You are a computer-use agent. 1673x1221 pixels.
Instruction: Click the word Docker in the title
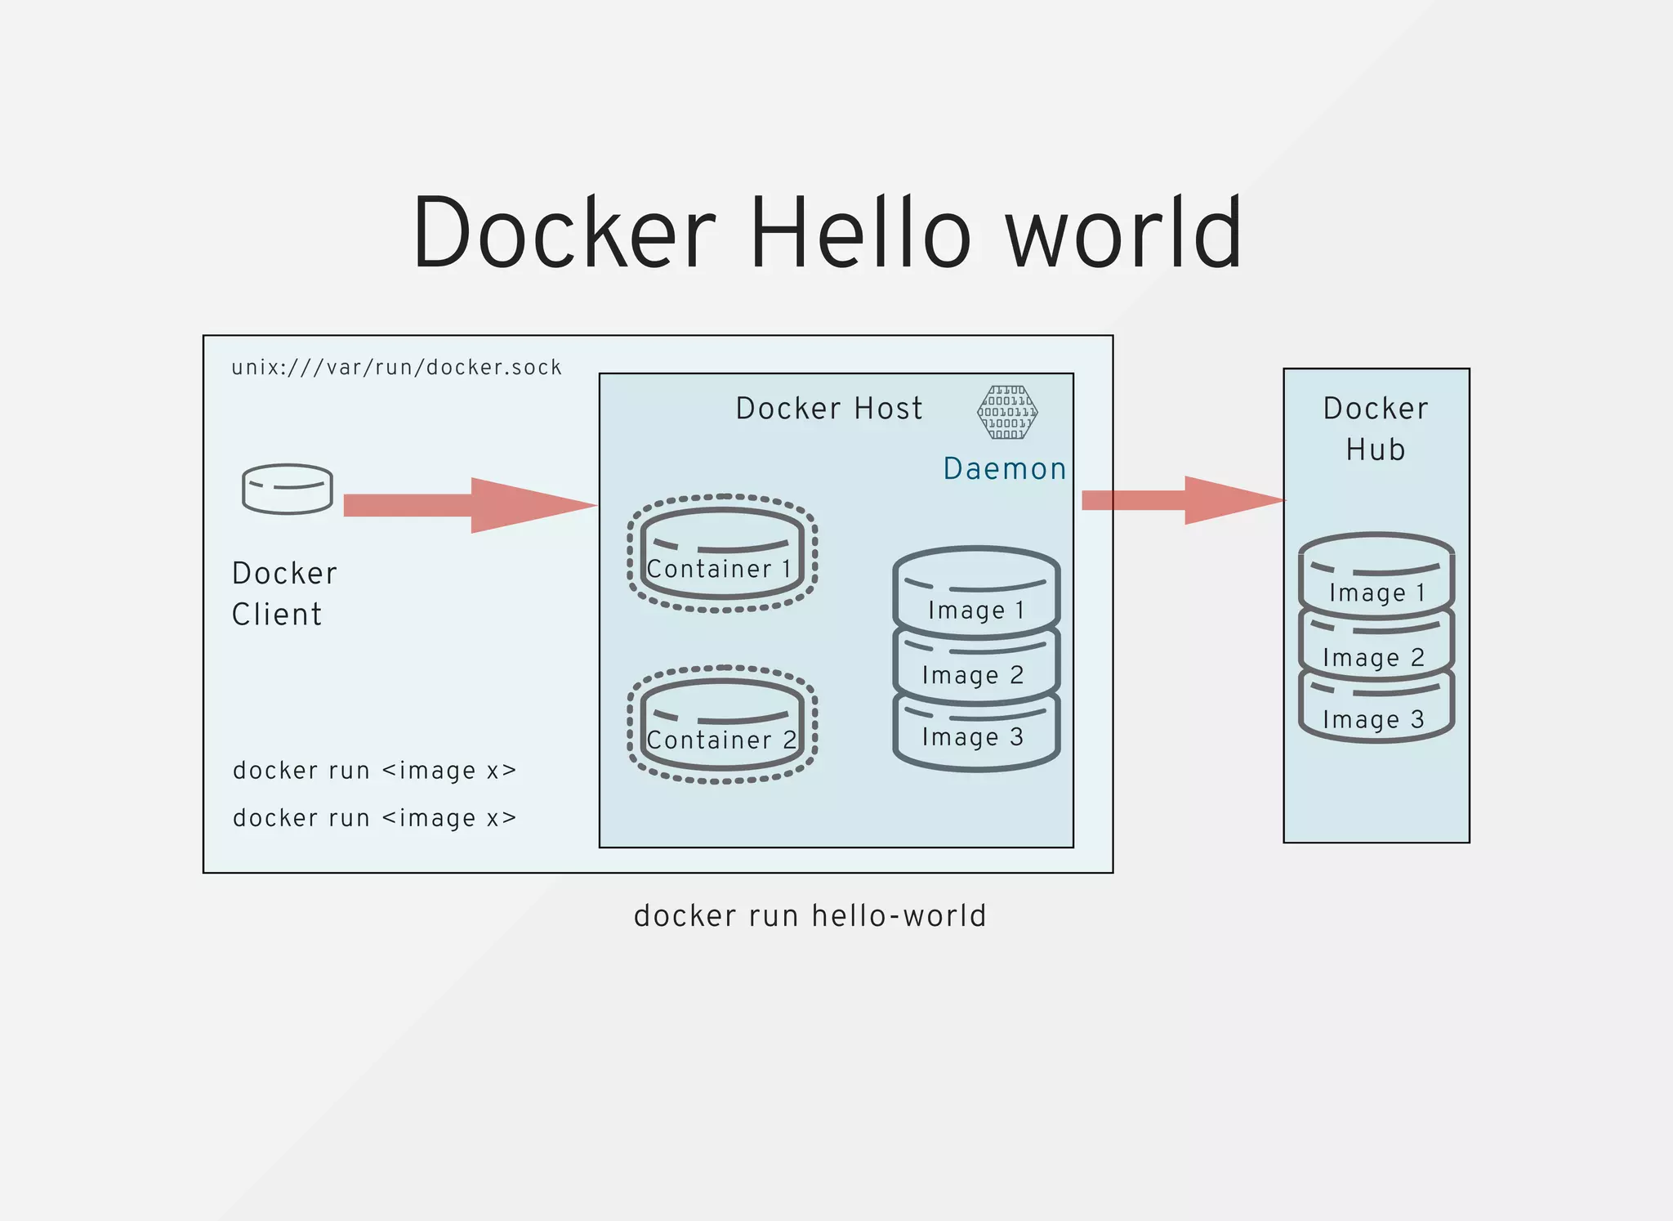564,232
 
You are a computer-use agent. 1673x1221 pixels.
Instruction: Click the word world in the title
1123,232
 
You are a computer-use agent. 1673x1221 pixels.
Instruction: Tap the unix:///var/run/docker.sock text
397,368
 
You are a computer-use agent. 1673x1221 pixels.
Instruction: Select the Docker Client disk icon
288,489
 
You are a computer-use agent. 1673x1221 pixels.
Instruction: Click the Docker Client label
283,593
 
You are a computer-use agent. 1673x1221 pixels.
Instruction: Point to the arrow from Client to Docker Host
470,505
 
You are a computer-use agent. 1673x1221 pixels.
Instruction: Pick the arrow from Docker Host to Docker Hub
1183,499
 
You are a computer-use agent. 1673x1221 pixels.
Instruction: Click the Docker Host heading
828,408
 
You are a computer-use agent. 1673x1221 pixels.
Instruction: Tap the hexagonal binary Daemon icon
1007,412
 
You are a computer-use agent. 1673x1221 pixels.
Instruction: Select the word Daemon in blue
1004,468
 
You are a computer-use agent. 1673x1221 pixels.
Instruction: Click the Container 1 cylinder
722,553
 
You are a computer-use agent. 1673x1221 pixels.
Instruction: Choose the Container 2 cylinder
722,725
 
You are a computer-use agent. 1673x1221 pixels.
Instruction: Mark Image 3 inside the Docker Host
976,736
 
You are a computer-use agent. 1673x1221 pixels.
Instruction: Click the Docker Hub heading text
1376,428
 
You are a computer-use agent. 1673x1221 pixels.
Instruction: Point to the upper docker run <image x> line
374,771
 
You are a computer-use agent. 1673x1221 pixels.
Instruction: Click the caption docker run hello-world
810,915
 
